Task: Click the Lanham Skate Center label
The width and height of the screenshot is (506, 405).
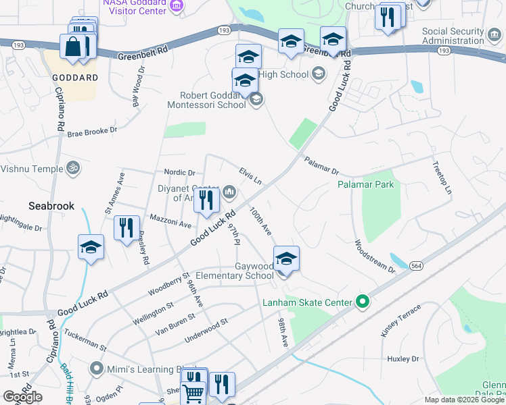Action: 308,302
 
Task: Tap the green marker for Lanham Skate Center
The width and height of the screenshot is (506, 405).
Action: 362,302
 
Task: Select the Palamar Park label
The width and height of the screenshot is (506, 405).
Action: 366,184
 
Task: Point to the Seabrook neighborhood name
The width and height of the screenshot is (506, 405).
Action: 51,206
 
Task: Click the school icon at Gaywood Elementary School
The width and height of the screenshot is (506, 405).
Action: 286,259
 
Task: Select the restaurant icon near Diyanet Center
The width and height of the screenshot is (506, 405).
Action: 206,201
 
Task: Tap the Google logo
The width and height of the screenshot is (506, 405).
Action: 22,397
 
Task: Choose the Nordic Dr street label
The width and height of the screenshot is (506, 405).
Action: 179,173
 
